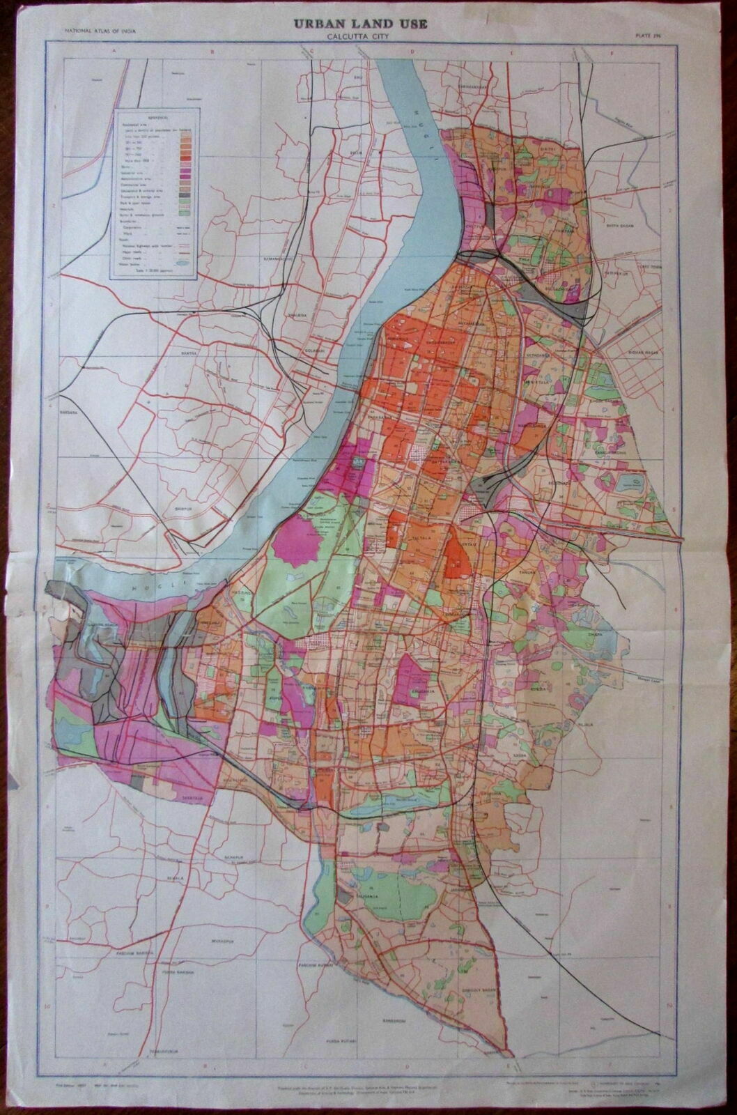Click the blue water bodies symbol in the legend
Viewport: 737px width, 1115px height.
pyautogui.click(x=182, y=263)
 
